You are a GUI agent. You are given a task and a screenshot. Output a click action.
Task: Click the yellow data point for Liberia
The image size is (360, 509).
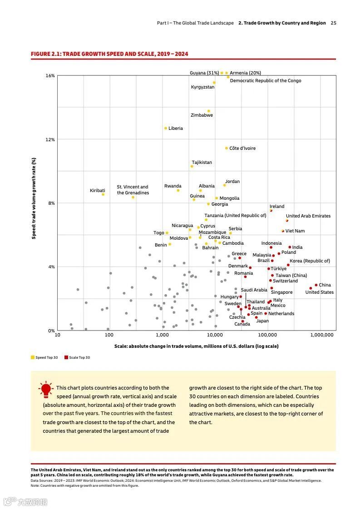[x=166, y=128]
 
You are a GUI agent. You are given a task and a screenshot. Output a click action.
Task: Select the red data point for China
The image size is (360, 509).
[x=316, y=285]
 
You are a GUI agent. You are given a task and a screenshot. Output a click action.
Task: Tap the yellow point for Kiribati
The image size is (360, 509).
[x=103, y=194]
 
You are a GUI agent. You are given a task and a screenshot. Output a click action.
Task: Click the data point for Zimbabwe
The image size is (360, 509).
[x=209, y=111]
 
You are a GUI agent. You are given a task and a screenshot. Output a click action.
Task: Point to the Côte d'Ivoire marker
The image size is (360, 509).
[x=227, y=148]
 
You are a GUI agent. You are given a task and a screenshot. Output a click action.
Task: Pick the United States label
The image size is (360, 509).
[x=319, y=292]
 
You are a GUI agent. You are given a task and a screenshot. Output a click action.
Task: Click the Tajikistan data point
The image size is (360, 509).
[x=192, y=166]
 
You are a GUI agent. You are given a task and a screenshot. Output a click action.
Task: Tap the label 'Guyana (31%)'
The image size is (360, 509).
[x=204, y=73]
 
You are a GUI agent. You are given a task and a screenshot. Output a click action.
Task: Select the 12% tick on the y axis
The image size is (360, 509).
[x=50, y=139]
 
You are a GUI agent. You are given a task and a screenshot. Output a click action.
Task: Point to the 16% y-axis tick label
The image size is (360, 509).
[x=50, y=76]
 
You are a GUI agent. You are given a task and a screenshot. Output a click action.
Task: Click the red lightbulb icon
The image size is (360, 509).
[x=46, y=390]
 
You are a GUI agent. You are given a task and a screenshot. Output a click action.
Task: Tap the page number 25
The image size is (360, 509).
[x=334, y=23]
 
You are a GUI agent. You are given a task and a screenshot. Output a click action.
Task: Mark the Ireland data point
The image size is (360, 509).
[x=271, y=210]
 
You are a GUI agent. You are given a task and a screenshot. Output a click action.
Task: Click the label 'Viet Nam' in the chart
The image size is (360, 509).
[x=295, y=231]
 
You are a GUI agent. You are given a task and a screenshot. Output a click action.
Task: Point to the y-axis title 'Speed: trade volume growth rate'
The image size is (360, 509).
[x=34, y=198]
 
